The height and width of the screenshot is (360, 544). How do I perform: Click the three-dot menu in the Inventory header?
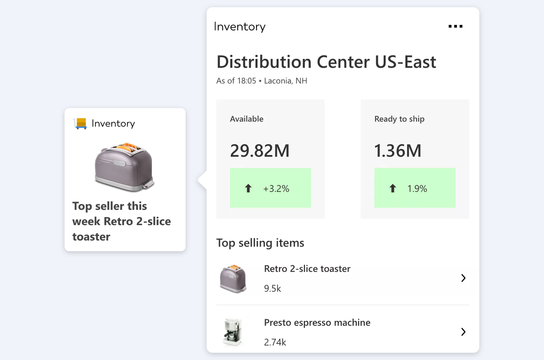pyautogui.click(x=455, y=26)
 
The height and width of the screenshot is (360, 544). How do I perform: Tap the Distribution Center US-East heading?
pyautogui.click(x=326, y=62)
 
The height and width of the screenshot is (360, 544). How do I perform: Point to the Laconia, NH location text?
pyautogui.click(x=285, y=81)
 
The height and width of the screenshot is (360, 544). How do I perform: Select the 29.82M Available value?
pyautogui.click(x=260, y=151)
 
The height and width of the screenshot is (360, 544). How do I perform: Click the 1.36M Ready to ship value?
pyautogui.click(x=397, y=151)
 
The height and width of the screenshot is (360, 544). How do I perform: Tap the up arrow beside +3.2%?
pyautogui.click(x=248, y=188)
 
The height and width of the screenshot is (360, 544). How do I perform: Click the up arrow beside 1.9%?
pyautogui.click(x=392, y=188)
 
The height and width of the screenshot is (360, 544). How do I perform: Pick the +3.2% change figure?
pyautogui.click(x=276, y=189)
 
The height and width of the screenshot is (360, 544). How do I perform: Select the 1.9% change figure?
pyautogui.click(x=417, y=189)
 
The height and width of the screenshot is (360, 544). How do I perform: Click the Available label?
pyautogui.click(x=247, y=119)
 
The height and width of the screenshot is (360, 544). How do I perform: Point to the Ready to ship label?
pyautogui.click(x=399, y=119)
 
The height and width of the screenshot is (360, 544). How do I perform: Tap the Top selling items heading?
pyautogui.click(x=260, y=243)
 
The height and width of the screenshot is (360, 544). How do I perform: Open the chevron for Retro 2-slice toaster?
pyautogui.click(x=463, y=278)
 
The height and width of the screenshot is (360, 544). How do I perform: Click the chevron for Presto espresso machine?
pyautogui.click(x=463, y=332)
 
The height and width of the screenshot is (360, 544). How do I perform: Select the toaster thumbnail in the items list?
pyautogui.click(x=233, y=279)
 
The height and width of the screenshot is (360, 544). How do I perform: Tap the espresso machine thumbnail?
pyautogui.click(x=232, y=332)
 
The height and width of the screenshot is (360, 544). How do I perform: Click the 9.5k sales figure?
pyautogui.click(x=272, y=289)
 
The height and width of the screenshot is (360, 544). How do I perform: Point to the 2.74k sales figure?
pyautogui.click(x=275, y=342)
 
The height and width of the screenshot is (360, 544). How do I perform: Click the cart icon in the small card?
pyautogui.click(x=80, y=123)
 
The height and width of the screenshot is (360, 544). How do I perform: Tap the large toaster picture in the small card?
pyautogui.click(x=124, y=167)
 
